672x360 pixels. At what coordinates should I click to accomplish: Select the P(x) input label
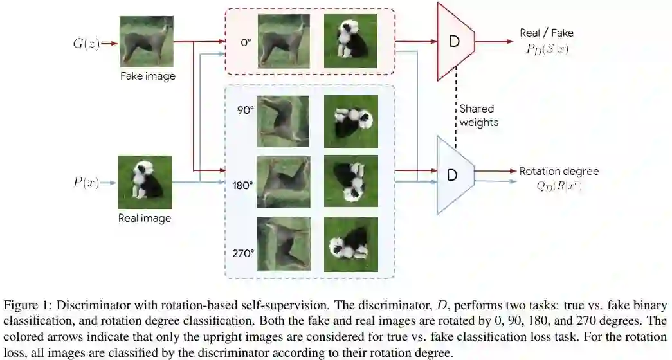tap(86, 182)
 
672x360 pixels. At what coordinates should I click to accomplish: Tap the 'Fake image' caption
tap(147, 76)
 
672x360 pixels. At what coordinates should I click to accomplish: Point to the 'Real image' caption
tap(145, 218)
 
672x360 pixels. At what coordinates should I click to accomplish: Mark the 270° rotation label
tap(242, 252)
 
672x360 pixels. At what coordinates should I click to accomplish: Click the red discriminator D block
tap(455, 42)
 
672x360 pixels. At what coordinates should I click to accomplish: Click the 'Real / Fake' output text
tap(547, 33)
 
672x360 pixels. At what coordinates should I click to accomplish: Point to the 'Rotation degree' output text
tap(559, 171)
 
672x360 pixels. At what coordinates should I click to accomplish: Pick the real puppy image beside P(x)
tap(145, 183)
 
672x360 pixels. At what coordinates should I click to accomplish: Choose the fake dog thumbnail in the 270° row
tap(283, 244)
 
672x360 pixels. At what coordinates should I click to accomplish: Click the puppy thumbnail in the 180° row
tap(350, 181)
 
